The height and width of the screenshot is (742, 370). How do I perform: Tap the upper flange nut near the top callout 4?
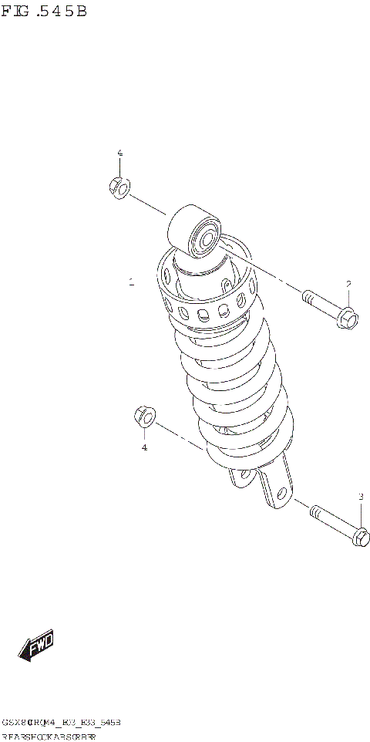pos(118,187)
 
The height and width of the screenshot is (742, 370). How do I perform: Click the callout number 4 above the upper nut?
pos(119,153)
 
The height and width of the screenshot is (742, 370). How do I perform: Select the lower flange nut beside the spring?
pos(143,417)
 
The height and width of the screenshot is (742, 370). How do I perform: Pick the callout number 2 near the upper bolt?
pos(348,284)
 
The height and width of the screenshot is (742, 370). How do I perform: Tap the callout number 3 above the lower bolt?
pos(360,496)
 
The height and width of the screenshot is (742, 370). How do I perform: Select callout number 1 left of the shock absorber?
pos(132,282)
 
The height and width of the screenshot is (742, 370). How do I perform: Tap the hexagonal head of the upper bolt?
pos(347,317)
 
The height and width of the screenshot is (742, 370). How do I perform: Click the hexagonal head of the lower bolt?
pos(360,536)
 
